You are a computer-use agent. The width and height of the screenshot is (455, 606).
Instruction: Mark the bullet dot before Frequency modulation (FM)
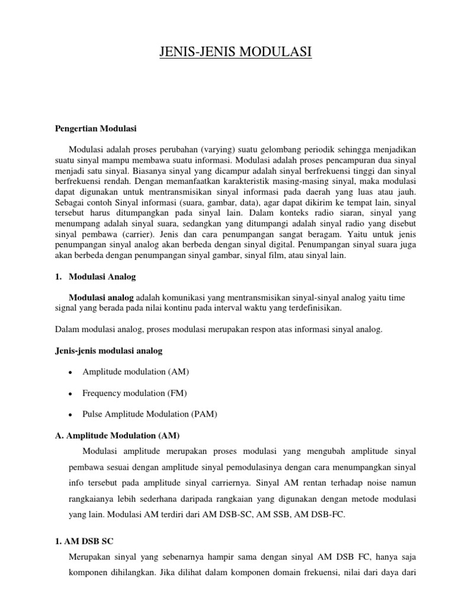(x=70, y=394)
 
